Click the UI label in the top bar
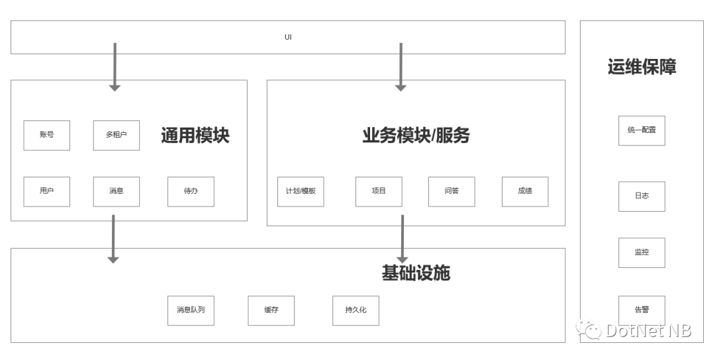pos(288,37)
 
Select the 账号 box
pos(46,136)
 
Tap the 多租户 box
pos(117,136)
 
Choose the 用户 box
pos(46,192)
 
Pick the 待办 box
pos(191,192)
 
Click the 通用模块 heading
pos(195,136)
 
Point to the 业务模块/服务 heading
pos(416,136)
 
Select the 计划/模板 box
pos(301,192)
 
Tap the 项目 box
pos(379,192)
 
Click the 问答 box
pos(452,192)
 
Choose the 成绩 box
pos(525,192)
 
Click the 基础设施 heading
pos(416,273)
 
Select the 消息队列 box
pos(191,311)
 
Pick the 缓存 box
pos(271,311)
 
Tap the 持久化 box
pos(356,311)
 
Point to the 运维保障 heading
pos(642,67)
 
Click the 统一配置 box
pos(642,131)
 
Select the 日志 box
pos(642,197)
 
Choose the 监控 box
pos(642,253)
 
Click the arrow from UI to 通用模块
pos(115,67)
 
